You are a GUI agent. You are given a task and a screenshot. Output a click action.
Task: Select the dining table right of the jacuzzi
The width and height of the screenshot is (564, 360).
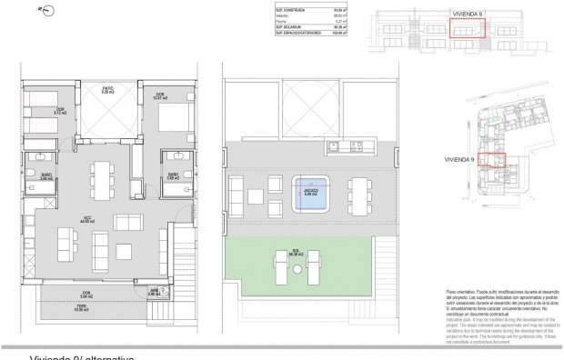(363, 193)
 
